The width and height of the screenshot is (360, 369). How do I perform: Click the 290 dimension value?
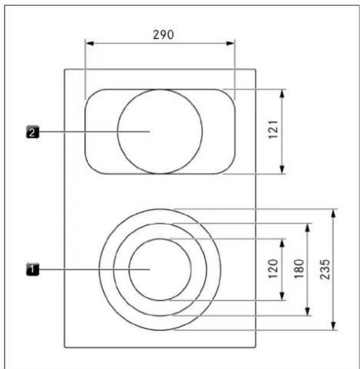click(163, 35)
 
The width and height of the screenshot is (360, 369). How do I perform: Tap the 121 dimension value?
click(274, 130)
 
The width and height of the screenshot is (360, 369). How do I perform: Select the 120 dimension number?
click(274, 269)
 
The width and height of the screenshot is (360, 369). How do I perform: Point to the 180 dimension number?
click(299, 269)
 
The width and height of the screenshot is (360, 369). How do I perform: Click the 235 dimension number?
click(325, 269)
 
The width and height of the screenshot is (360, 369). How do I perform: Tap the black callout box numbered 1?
click(32, 269)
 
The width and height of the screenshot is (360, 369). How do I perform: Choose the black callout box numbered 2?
click(32, 132)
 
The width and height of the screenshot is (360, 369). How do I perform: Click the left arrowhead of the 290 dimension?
click(90, 43)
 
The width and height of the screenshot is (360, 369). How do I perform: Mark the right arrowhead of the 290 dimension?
click(230, 43)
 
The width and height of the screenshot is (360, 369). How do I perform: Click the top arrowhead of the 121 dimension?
click(282, 93)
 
